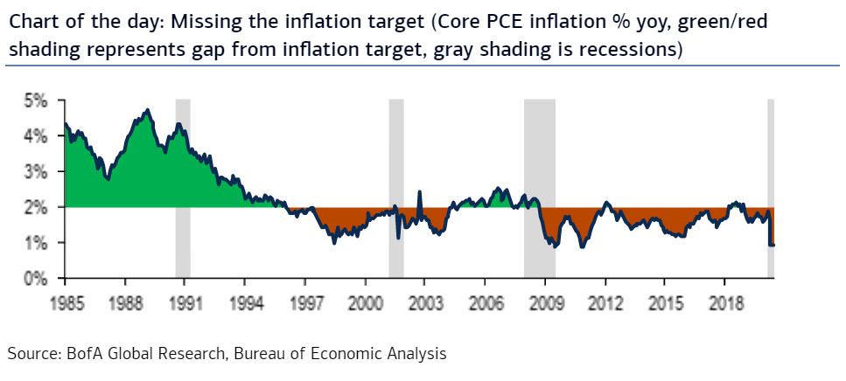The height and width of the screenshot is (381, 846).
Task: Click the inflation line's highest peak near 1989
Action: tap(148, 110)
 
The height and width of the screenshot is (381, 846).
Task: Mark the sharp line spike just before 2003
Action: tap(420, 191)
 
